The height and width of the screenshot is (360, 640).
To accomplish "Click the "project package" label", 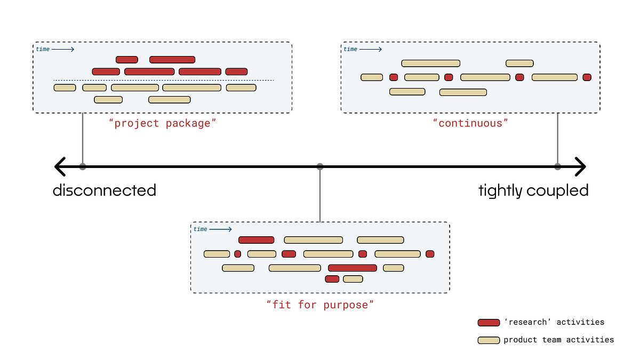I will point(163,123).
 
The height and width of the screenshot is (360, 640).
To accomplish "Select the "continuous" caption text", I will point(470,123).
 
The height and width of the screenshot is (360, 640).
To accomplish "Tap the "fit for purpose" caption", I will point(320,305).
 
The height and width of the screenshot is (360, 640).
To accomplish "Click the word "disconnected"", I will point(105,190).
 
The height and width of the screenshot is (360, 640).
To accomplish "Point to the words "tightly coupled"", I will point(533,190).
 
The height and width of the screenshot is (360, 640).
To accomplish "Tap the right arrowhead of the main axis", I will point(582,166).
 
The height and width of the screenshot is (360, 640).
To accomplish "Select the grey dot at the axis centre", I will point(320,166).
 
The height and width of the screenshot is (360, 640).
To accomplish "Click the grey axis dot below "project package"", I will point(83,166).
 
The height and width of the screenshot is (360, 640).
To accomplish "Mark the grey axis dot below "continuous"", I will point(558,166).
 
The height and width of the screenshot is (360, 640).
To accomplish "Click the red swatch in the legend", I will point(489,322).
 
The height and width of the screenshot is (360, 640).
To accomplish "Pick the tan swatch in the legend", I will point(489,340).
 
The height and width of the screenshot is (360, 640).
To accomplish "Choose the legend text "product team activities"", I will point(558,340).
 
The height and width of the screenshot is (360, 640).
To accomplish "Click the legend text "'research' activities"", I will point(554,322).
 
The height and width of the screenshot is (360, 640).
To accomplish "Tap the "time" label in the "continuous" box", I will point(350,49).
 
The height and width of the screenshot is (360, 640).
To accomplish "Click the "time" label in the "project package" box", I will point(43,49).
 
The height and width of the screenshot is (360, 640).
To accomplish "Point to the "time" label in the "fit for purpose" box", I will point(201,229).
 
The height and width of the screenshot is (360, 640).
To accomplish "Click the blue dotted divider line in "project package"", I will point(163,81).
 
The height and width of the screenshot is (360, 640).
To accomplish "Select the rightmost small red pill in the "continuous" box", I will point(587,77).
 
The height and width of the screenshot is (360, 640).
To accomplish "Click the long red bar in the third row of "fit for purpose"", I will point(353,268).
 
